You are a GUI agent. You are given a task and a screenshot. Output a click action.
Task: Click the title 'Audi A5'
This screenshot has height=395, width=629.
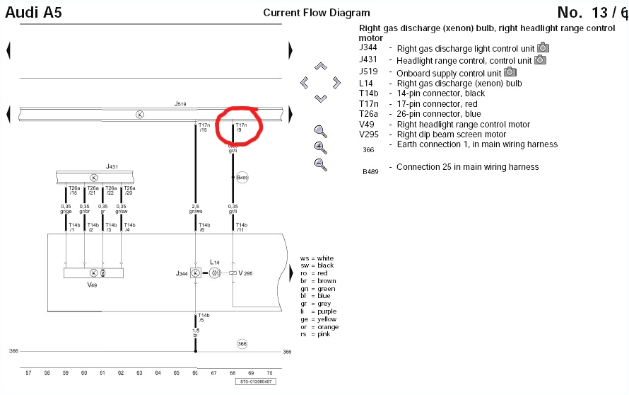pyautogui.click(x=33, y=12)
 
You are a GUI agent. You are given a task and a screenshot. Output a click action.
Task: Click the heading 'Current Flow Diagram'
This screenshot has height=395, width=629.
pyautogui.click(x=316, y=13)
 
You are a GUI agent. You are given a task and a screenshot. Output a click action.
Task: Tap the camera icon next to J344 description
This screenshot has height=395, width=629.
pyautogui.click(x=543, y=48)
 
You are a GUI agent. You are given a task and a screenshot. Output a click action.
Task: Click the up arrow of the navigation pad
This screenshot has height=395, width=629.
pyautogui.click(x=320, y=67)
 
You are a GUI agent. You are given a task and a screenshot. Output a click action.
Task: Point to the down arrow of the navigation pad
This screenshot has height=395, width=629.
pyautogui.click(x=320, y=98)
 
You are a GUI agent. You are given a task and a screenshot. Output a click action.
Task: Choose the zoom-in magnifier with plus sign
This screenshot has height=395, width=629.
pyautogui.click(x=320, y=147)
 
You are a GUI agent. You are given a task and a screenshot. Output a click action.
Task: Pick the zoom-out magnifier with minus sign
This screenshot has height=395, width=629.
pyautogui.click(x=320, y=164)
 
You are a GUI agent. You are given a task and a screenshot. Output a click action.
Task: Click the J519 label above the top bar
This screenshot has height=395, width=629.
pyautogui.click(x=180, y=104)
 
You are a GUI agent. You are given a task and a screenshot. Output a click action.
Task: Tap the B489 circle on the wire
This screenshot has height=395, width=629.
pyautogui.click(x=242, y=177)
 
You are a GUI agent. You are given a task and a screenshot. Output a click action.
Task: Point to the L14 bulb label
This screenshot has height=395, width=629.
pyautogui.click(x=216, y=262)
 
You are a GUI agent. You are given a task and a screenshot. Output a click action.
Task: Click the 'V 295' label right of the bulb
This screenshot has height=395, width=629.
pyautogui.click(x=245, y=273)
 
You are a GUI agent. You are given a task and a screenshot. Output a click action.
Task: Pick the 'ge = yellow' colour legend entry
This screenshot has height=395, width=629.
pyautogui.click(x=317, y=319)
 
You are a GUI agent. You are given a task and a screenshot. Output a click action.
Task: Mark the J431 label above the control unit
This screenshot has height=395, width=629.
pyautogui.click(x=112, y=166)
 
